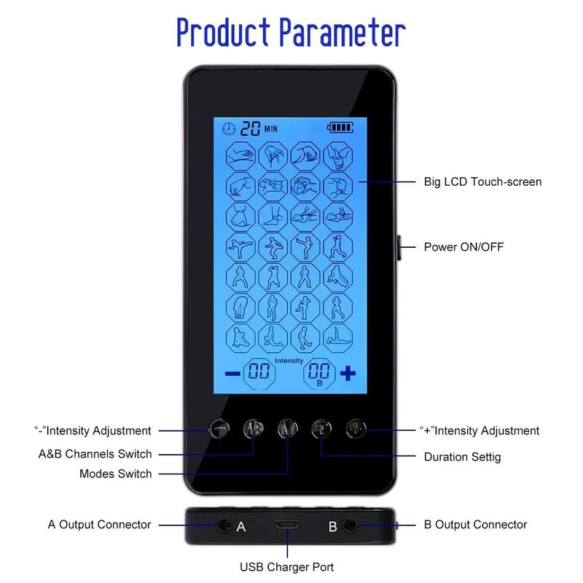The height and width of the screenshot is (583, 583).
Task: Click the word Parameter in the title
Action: (x=343, y=32)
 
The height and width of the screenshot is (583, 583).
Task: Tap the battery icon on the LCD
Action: (x=340, y=128)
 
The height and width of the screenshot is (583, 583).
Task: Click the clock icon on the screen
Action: (x=229, y=129)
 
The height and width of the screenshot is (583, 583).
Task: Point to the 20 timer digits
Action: (x=250, y=129)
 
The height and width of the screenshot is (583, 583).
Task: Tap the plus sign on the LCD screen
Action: (x=348, y=373)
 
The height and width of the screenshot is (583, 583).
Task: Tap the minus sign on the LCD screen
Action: (x=232, y=373)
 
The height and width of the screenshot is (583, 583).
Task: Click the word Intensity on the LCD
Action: (x=289, y=361)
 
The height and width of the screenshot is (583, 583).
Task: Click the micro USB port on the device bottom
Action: (x=286, y=525)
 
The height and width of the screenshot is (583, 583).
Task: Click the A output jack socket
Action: (x=224, y=525)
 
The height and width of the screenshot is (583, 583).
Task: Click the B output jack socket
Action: (x=351, y=525)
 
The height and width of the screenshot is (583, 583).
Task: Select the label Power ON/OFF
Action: (x=463, y=247)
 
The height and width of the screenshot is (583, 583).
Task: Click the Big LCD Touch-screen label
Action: (x=482, y=181)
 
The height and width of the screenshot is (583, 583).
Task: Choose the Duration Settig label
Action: (x=462, y=457)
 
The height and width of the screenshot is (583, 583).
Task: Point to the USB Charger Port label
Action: (x=286, y=567)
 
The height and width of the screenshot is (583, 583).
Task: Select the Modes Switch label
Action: (x=116, y=474)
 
